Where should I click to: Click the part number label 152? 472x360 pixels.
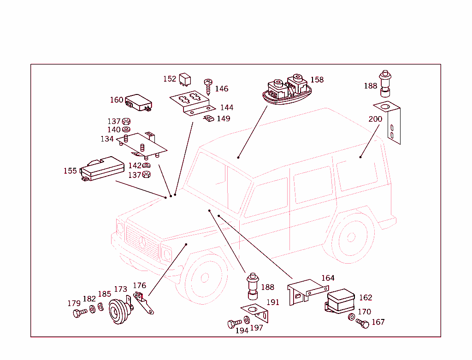point(170,79)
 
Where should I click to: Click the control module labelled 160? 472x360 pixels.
point(139,102)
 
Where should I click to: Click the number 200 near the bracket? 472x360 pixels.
point(375,119)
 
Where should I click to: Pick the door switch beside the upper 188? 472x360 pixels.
point(385,83)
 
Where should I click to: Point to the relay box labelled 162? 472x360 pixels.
point(340,301)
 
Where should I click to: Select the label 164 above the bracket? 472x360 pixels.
point(328,278)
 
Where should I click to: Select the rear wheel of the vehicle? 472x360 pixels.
point(351,237)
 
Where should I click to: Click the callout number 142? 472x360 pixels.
point(135,165)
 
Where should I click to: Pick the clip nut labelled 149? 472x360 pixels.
point(208,119)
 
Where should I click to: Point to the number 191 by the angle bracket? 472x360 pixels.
point(273,302)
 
